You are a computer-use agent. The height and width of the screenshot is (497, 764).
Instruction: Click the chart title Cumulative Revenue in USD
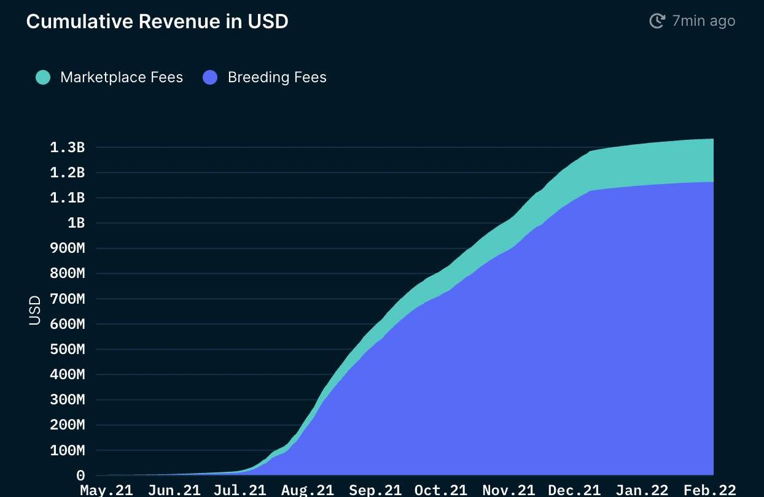point(157,21)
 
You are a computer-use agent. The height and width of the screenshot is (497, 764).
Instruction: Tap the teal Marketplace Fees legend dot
point(43,77)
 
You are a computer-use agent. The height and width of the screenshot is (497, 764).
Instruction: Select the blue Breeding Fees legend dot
point(210,77)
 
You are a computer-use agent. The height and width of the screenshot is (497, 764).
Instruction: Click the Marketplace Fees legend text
point(122,77)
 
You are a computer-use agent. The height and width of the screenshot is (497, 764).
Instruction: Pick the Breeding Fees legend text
point(277,77)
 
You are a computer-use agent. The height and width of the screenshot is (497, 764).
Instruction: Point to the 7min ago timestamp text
point(703,21)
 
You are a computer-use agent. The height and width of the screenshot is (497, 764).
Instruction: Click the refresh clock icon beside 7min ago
point(657,21)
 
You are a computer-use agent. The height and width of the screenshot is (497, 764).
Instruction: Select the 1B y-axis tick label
point(76,223)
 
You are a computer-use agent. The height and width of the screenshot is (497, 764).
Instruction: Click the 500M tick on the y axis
point(67,349)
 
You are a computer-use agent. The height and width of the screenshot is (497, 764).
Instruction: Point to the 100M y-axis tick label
point(67,450)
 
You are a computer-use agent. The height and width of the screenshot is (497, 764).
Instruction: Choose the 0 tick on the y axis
point(80,476)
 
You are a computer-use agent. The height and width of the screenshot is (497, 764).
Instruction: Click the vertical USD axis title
point(35,310)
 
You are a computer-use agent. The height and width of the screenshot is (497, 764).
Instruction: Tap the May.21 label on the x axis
point(106,490)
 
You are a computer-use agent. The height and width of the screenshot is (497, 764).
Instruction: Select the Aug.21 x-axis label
point(308,490)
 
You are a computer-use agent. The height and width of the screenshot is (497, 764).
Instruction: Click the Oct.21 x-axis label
point(440,490)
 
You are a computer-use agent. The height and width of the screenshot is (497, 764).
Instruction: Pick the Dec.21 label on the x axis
point(574,490)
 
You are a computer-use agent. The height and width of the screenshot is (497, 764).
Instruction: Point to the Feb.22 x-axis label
point(710,490)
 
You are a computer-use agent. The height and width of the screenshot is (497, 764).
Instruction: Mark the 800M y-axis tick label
point(67,274)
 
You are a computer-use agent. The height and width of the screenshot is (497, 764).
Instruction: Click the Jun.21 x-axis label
point(174,490)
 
